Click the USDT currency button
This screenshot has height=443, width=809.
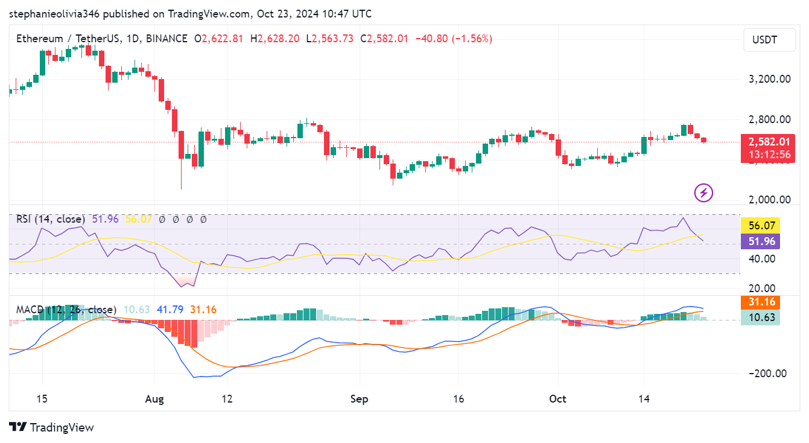pyautogui.click(x=764, y=40)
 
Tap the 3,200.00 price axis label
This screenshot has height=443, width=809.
pyautogui.click(x=765, y=79)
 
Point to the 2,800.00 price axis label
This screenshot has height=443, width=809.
pyautogui.click(x=765, y=120)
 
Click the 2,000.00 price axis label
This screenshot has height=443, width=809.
pyautogui.click(x=765, y=200)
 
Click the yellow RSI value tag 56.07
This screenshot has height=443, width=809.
pyautogui.click(x=760, y=226)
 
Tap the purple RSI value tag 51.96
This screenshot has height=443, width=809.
pyautogui.click(x=760, y=241)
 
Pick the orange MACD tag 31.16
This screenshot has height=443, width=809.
pyautogui.click(x=760, y=302)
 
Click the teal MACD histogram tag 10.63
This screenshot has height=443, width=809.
pyautogui.click(x=760, y=317)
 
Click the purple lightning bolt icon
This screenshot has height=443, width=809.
pyautogui.click(x=704, y=193)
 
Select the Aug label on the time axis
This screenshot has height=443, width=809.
pyautogui.click(x=154, y=399)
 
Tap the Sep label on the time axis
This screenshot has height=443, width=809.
pyautogui.click(x=360, y=399)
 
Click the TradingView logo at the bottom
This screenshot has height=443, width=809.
pyautogui.click(x=52, y=427)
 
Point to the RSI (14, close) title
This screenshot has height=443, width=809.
pyautogui.click(x=51, y=219)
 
